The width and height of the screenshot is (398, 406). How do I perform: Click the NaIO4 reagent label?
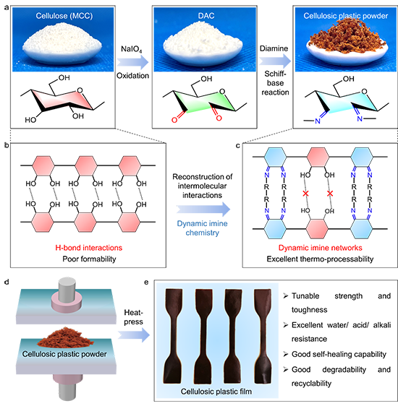tap(132, 49)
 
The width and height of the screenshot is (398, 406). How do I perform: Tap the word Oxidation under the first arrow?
tap(132, 76)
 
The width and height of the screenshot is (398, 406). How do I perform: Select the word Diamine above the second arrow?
tap(274, 48)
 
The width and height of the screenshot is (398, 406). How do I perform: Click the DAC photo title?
tap(206, 16)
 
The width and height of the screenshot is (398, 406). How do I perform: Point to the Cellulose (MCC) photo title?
tap(64, 16)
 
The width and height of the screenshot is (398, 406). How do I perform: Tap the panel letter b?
tap(7, 145)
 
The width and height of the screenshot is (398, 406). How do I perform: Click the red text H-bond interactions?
tap(89, 248)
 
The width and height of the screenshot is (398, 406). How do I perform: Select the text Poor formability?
tap(89, 259)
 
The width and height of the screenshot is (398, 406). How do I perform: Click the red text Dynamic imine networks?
tap(321, 248)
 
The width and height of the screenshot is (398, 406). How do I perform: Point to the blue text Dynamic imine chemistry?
tap(202, 228)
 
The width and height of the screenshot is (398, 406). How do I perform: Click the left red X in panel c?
tap(305, 194)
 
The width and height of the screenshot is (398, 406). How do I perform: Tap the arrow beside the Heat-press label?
tap(134, 334)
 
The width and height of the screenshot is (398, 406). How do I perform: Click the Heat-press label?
tap(134, 317)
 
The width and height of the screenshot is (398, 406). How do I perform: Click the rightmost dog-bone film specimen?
tap(263, 336)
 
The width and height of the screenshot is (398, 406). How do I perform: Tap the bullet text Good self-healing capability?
tap(339, 354)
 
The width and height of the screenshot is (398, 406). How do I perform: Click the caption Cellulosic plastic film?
tap(216, 392)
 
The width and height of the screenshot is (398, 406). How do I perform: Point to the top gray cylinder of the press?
tap(67, 288)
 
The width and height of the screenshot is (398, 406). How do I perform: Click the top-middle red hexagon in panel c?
tap(318, 157)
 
